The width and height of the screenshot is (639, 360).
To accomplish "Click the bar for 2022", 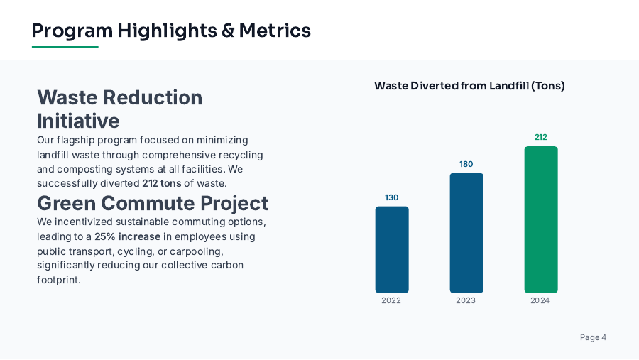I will point(391,249).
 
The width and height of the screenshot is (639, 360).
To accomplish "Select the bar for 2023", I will point(466,233).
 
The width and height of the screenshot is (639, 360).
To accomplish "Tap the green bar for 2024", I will point(540,219).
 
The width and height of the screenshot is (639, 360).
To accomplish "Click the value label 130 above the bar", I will point(391,197).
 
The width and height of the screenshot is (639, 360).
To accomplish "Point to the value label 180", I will point(466,164).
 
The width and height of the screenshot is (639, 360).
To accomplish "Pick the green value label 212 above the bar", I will point(540,137).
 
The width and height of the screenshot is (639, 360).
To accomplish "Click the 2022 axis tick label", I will point(391,300).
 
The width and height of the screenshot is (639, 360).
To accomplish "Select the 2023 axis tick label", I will point(466,300).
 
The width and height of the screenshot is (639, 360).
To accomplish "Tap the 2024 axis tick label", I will point(540,300).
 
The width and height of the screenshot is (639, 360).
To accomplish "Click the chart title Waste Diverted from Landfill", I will point(469,86).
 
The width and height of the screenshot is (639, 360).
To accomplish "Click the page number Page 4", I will point(593,337).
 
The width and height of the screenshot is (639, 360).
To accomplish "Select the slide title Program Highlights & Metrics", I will point(171,31).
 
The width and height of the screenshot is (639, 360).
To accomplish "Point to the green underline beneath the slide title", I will point(65,47).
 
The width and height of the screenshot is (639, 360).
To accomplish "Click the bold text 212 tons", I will point(161,183).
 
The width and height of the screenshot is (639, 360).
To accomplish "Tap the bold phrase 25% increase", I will point(127,236).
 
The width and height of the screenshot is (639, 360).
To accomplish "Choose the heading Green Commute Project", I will point(153,203).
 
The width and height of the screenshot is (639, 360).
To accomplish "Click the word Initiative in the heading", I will point(78,120).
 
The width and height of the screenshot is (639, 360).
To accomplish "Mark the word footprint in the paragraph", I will point(59,280).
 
